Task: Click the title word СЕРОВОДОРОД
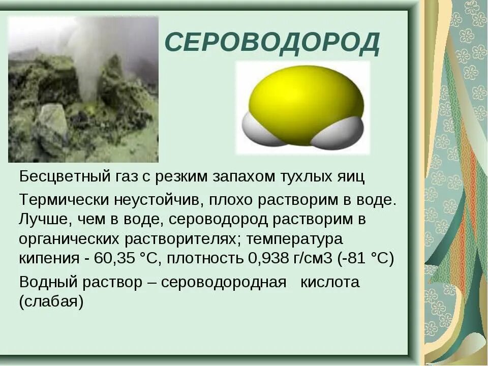pyautogui.click(x=272, y=43)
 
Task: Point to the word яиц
pyautogui.click(x=350, y=177)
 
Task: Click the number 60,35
pyautogui.click(x=113, y=258)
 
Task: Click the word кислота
pyautogui.click(x=330, y=283)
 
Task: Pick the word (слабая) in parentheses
pyautogui.click(x=51, y=302)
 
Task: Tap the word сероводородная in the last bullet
pyautogui.click(x=224, y=283)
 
